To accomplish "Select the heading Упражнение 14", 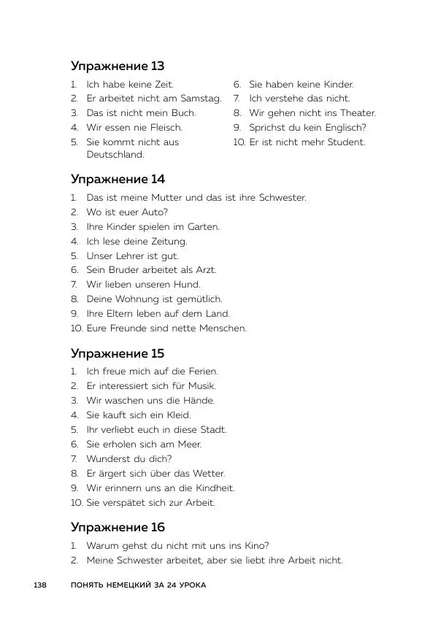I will click(118, 180).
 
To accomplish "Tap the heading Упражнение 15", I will click(118, 353).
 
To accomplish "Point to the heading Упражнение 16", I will click(118, 527).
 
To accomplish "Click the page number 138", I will click(40, 585).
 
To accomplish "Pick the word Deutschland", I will click(115, 155).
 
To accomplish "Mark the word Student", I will click(345, 142).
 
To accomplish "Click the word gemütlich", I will click(198, 299).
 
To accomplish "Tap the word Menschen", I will click(223, 328).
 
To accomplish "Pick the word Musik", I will click(201, 386).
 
